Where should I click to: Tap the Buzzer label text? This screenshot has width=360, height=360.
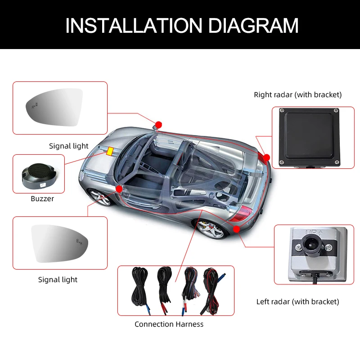tap(42, 198)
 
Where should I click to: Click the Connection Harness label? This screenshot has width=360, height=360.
tap(169, 324)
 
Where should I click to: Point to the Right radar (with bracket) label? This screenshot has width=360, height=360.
tap(297, 94)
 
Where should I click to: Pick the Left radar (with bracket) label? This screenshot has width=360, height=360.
tap(297, 301)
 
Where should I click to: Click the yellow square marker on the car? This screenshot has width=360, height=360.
tap(110, 151)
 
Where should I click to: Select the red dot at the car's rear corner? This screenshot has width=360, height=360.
tap(266, 157)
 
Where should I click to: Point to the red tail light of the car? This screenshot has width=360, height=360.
tap(245, 212)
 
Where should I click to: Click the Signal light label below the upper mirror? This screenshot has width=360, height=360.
tap(69, 146)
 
